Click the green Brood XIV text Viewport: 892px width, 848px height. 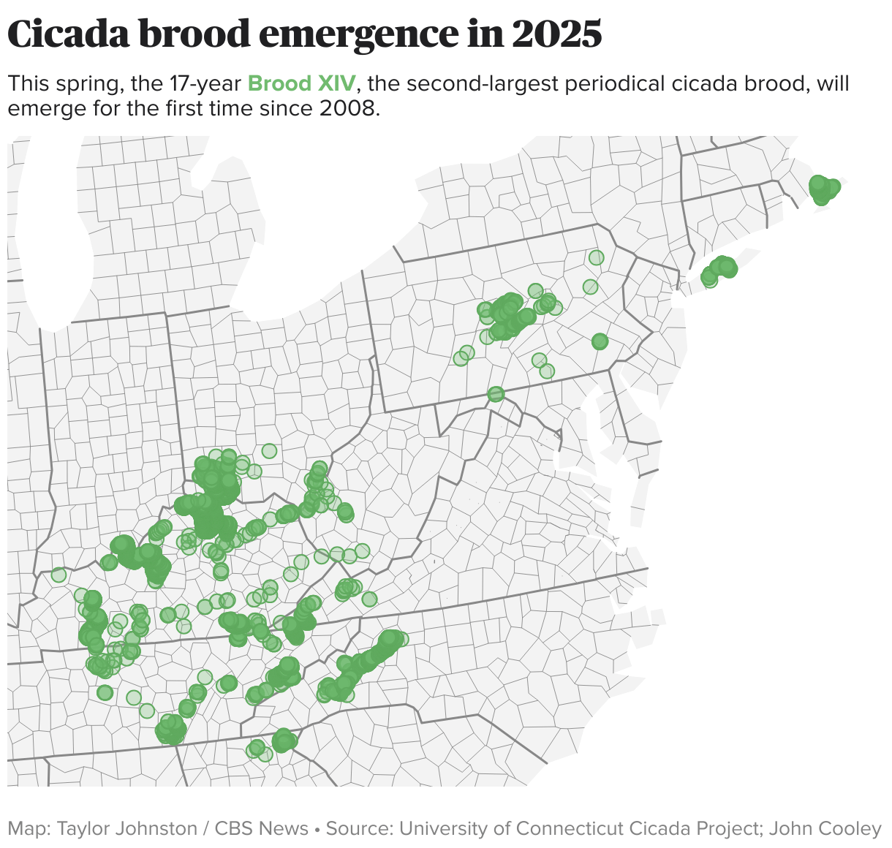coord(301,84)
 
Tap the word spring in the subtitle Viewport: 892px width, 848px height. coord(90,84)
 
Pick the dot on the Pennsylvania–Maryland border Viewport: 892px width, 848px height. coord(496,394)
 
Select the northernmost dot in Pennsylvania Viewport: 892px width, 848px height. coord(597,257)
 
